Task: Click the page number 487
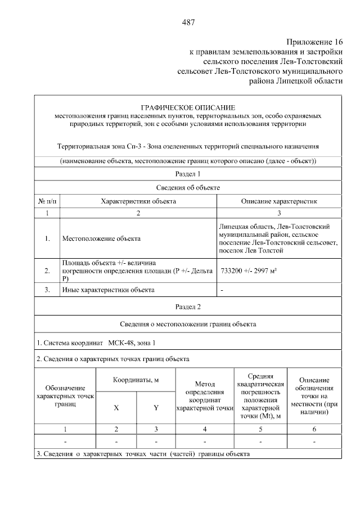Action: click(x=188, y=22)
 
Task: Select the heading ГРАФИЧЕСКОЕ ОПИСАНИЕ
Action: click(x=188, y=107)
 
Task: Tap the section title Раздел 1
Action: click(x=188, y=174)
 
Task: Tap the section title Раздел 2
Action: click(x=188, y=307)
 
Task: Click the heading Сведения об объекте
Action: click(x=188, y=187)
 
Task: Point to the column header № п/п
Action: click(x=47, y=200)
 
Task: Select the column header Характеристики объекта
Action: click(x=138, y=200)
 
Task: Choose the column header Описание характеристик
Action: click(x=279, y=200)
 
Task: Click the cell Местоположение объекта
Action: click(x=101, y=238)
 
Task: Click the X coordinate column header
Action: click(x=116, y=408)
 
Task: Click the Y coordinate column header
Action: click(x=156, y=408)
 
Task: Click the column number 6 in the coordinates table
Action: click(x=314, y=430)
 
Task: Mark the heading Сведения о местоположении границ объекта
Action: click(x=188, y=324)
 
